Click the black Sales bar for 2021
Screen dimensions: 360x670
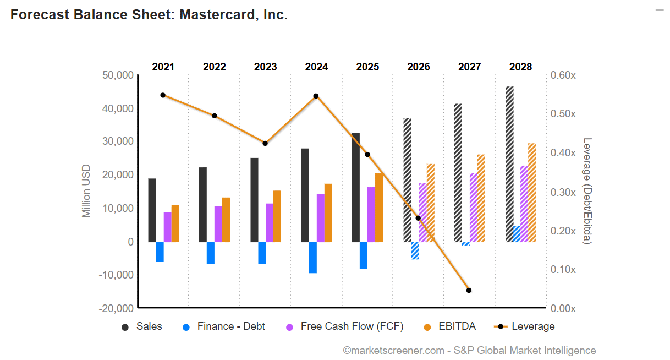point(152,210)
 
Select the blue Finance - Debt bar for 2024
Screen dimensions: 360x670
point(312,258)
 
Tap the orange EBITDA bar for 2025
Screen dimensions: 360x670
point(379,208)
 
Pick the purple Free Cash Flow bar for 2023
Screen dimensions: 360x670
point(269,223)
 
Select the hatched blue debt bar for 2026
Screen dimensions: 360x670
point(415,250)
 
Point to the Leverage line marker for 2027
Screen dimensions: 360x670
point(469,290)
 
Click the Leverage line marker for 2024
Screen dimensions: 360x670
point(316,96)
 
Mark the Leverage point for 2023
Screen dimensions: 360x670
point(265,143)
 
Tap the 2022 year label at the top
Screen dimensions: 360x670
point(214,67)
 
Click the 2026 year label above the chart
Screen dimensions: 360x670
point(419,67)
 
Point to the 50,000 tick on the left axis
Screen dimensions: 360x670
point(118,75)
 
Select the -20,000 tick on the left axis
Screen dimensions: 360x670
point(116,308)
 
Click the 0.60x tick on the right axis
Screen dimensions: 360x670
point(563,75)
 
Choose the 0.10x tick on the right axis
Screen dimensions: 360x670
point(563,269)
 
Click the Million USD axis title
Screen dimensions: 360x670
point(86,191)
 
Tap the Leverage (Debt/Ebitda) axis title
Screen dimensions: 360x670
point(587,191)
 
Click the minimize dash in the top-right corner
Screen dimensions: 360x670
point(660,10)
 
